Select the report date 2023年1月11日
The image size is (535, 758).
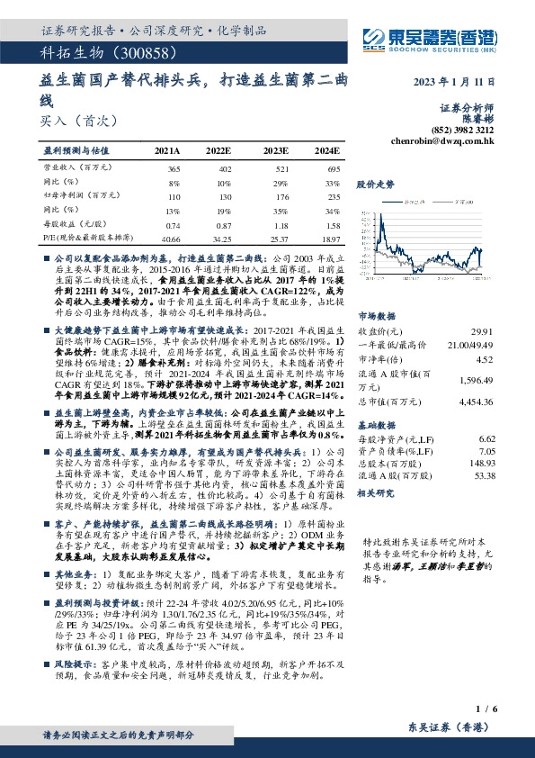pos(455,82)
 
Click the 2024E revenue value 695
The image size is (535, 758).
pos(332,169)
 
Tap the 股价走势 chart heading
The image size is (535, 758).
pos(377,184)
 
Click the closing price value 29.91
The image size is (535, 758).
pos(482,331)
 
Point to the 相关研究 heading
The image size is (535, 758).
pos(378,493)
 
